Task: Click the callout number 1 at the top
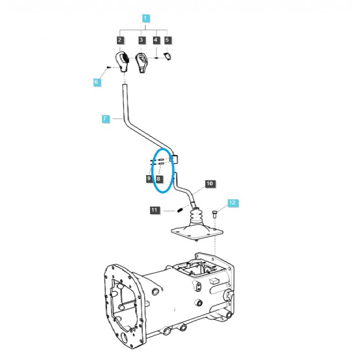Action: tap(145, 18)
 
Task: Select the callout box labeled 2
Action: tap(120, 40)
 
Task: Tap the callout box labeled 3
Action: tap(141, 40)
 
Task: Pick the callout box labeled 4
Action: tap(156, 40)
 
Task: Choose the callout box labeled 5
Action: tap(167, 40)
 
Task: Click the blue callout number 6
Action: tap(96, 82)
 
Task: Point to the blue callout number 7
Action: tap(105, 119)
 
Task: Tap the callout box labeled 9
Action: tap(149, 179)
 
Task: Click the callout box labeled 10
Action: tap(210, 184)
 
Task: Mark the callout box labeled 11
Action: tap(154, 210)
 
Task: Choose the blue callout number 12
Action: tap(232, 203)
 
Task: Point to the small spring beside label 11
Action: tap(179, 209)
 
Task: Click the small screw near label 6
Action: tap(109, 67)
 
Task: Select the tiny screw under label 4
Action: tap(156, 57)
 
